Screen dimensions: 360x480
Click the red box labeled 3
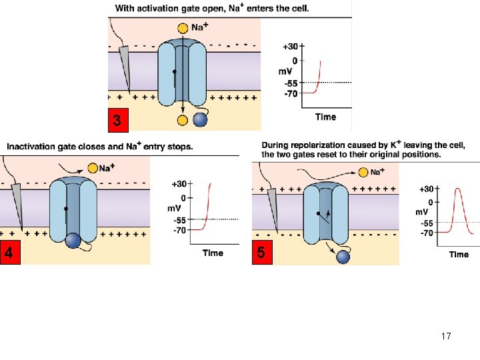point(117,121)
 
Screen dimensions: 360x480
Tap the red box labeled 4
point(9,253)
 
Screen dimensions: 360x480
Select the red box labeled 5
point(261,253)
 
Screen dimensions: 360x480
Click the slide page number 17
point(446,336)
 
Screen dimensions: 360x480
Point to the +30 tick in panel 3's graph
point(291,47)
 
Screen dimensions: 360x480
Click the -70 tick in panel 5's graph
point(427,233)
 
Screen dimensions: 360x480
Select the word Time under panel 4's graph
point(213,253)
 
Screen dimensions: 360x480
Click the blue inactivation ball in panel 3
point(200,120)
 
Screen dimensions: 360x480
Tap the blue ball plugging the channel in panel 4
point(73,241)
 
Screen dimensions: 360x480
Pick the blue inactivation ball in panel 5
point(343,256)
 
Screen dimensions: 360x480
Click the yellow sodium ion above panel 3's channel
point(183,29)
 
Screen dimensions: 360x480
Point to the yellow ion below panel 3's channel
point(183,120)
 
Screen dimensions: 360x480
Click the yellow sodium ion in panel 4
point(92,168)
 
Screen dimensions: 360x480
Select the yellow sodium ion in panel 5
point(363,173)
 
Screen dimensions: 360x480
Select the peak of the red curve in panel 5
point(458,189)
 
